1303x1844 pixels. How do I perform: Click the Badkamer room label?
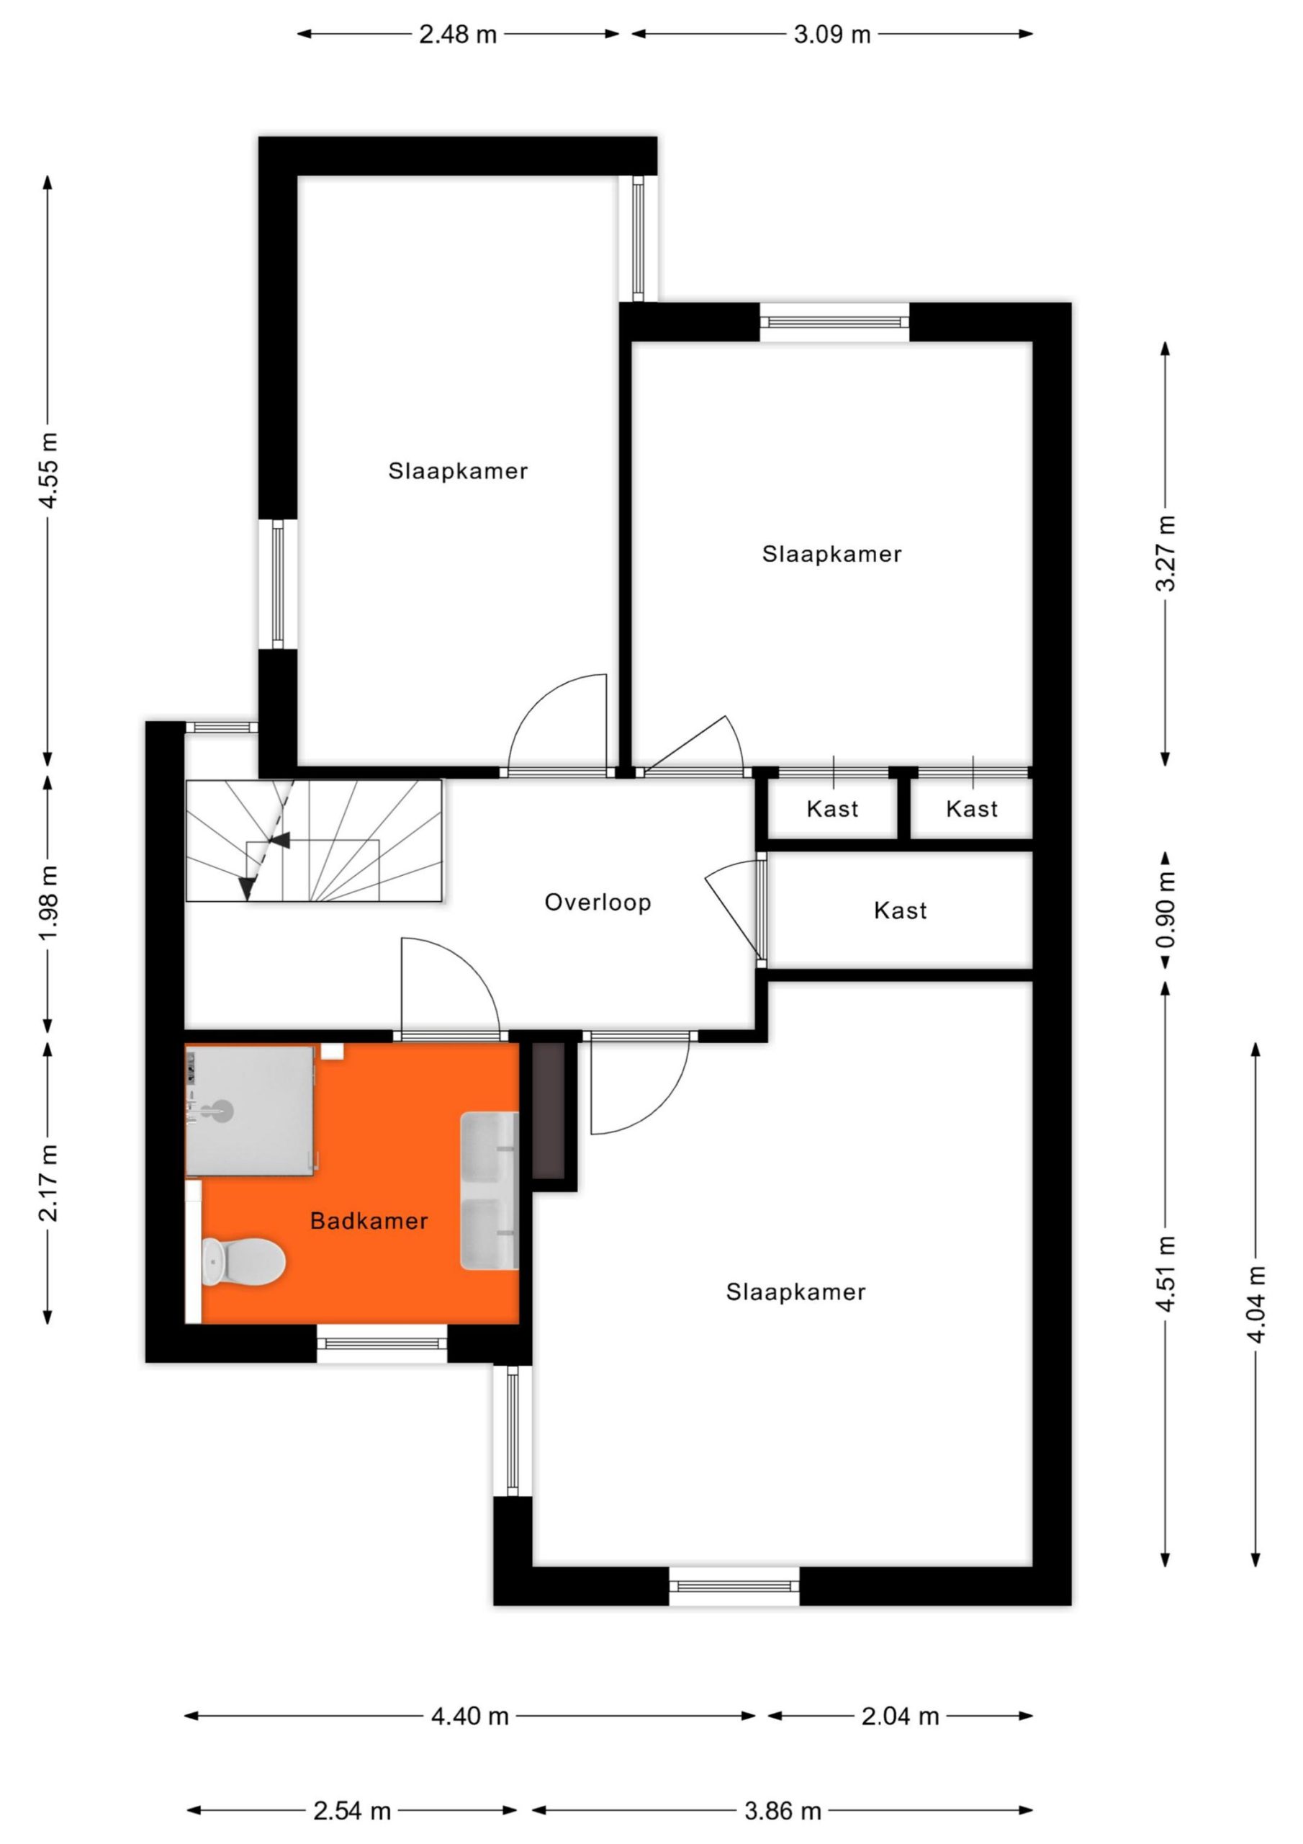tap(369, 1221)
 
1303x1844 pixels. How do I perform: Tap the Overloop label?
tap(598, 903)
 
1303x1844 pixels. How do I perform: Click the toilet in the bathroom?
tap(243, 1261)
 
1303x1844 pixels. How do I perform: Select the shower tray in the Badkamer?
tap(250, 1111)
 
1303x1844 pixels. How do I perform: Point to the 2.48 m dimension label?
tap(458, 35)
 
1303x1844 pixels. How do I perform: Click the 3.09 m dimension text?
tap(831, 35)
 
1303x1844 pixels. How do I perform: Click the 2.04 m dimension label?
tap(900, 1717)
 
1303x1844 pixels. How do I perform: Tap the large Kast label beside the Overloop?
tap(900, 910)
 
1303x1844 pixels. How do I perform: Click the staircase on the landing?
tap(314, 841)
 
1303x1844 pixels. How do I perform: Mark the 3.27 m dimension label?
tap(1166, 553)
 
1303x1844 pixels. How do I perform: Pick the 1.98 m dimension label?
tap(48, 903)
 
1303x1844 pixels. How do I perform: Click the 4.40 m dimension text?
tap(469, 1717)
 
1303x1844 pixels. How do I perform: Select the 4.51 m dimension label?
tap(1166, 1274)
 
